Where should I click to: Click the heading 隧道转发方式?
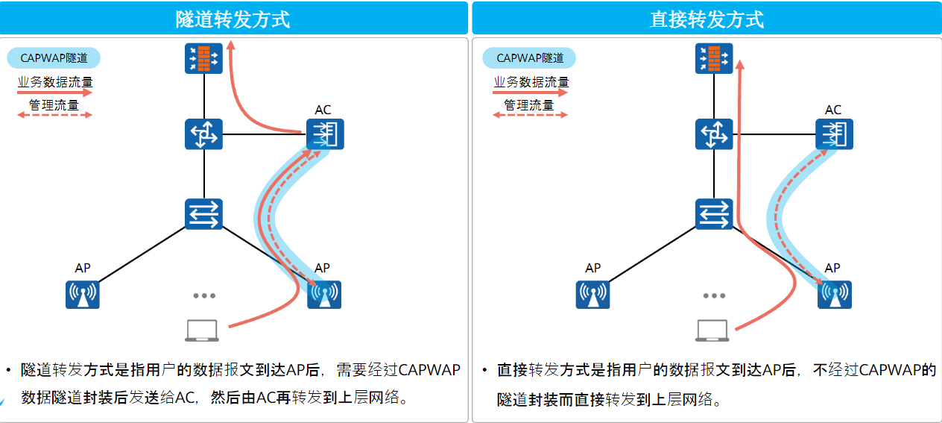233,19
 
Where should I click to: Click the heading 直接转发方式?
706,19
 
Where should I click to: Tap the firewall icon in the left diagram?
204,58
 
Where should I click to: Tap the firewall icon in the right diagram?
714,58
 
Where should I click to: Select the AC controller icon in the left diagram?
325,134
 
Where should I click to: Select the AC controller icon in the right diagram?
835,134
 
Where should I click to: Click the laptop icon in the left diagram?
202,330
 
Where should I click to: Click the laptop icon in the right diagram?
712,330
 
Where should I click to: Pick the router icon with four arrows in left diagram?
204,134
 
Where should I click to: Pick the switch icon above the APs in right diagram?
714,214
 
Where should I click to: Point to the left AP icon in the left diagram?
83,295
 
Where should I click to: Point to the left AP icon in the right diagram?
592,295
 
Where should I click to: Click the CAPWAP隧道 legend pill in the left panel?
54,57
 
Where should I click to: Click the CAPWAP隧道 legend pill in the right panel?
529,57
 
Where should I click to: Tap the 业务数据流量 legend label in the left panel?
55,82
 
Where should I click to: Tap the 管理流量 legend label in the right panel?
529,104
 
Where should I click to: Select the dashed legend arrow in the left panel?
54,115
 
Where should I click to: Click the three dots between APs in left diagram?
204,296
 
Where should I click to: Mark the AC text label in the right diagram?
833,110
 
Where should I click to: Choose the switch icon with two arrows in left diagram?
204,214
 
